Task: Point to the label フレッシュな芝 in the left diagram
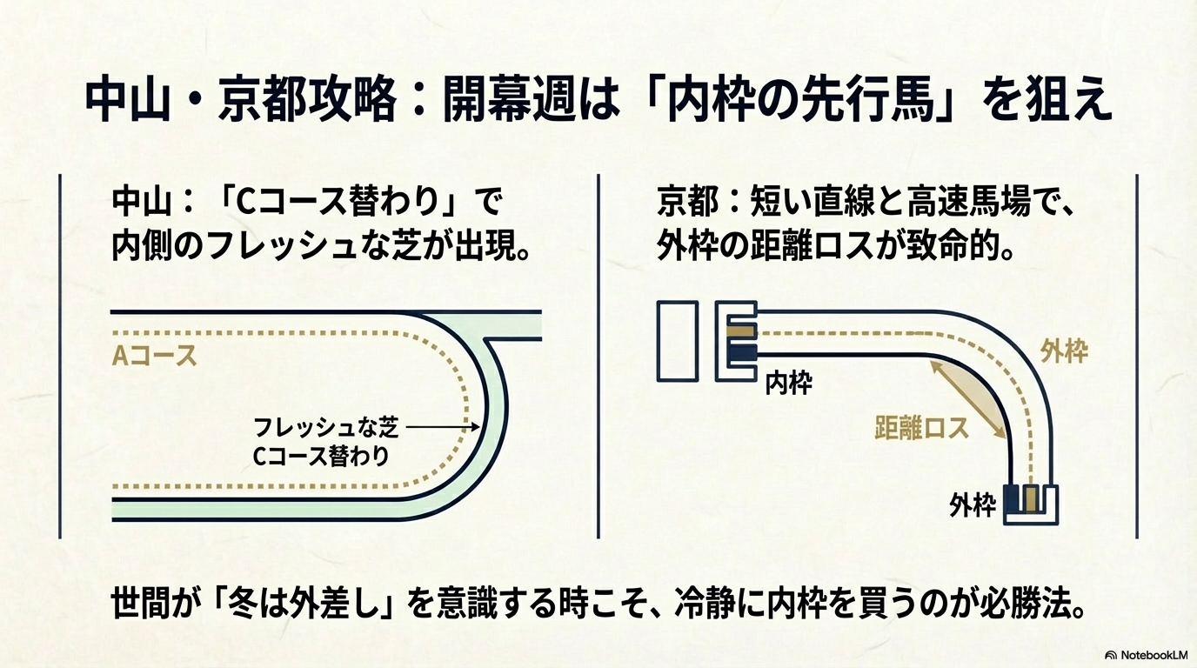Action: coord(325,428)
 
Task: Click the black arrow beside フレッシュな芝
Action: coord(443,427)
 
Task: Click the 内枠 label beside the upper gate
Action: coord(788,384)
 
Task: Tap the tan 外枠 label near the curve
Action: coord(1064,352)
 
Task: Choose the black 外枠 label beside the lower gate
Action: coord(973,505)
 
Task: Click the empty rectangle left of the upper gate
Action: coord(678,341)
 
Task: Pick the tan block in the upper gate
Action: coord(741,331)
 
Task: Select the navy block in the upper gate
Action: coord(741,352)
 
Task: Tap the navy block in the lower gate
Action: coord(1013,500)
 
